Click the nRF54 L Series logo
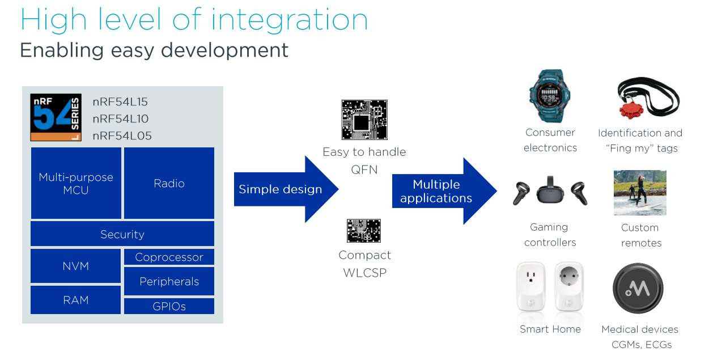(56, 117)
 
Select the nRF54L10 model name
(121, 119)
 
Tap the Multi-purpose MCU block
(76, 183)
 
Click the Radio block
(169, 183)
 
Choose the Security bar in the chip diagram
(122, 234)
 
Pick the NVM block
(76, 266)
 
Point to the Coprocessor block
(169, 257)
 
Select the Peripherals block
(169, 281)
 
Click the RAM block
(76, 300)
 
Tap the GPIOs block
(169, 307)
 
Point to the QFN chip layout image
(364, 120)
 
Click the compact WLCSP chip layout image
(363, 231)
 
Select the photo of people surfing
(640, 193)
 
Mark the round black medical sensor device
(638, 289)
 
